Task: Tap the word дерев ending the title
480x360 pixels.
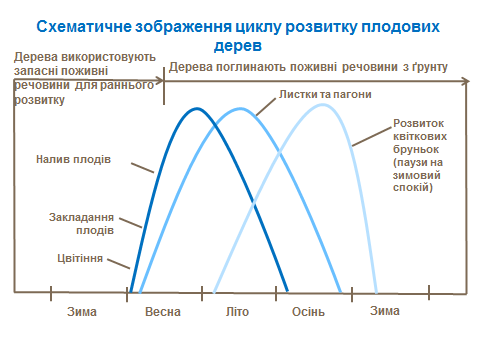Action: click(x=237, y=46)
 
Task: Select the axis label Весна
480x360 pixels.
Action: click(x=163, y=311)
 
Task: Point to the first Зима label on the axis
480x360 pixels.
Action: click(x=81, y=311)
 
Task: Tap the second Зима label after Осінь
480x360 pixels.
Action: click(x=385, y=311)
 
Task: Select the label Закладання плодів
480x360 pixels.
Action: click(x=81, y=222)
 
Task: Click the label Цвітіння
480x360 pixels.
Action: click(x=80, y=258)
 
